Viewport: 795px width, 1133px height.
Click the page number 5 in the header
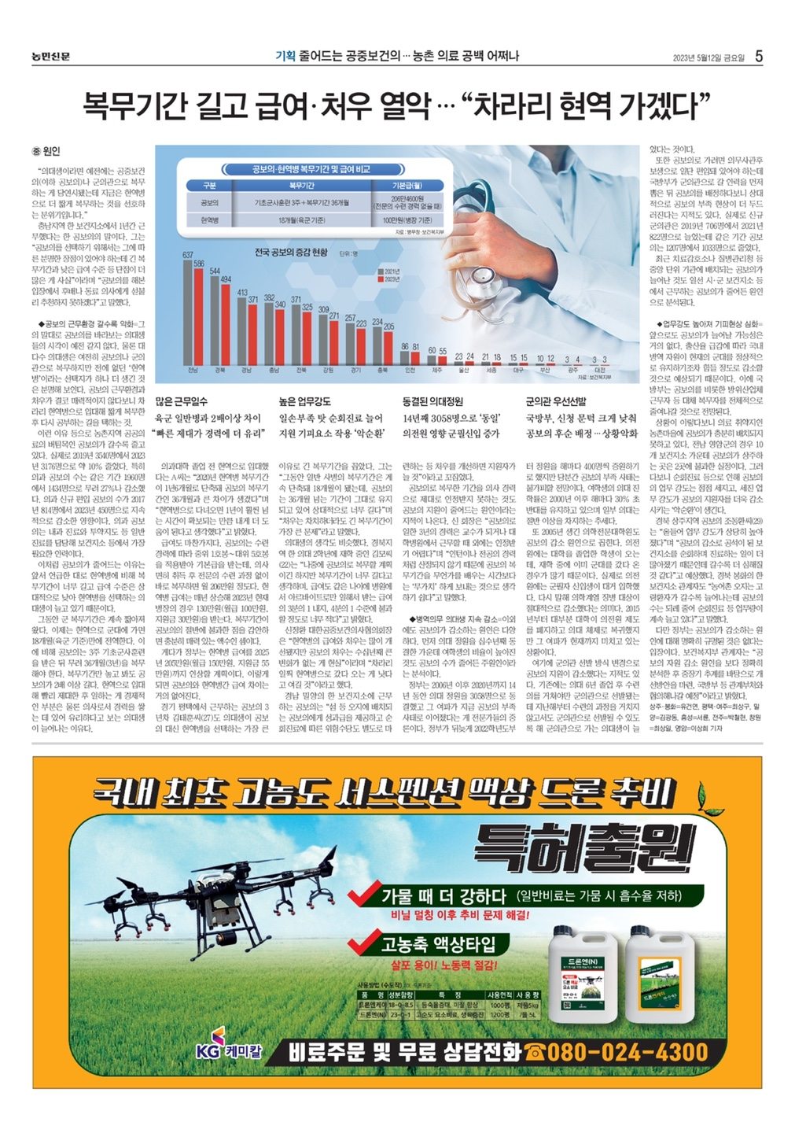pyautogui.click(x=759, y=56)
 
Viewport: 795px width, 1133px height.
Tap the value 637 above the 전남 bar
pyautogui.click(x=188, y=255)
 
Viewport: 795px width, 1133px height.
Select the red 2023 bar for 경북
pyautogui.click(x=226, y=320)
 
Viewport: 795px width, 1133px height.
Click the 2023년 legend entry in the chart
pyautogui.click(x=391, y=279)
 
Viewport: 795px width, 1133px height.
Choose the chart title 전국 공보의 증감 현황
pyautogui.click(x=290, y=253)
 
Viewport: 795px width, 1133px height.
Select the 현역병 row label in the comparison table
pyautogui.click(x=209, y=220)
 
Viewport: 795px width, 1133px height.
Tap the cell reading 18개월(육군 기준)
pyautogui.click(x=302, y=220)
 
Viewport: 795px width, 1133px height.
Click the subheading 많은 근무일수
pyautogui.click(x=182, y=401)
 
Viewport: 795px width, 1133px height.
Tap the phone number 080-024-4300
pyautogui.click(x=627, y=1052)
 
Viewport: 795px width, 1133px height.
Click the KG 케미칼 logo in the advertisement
pyautogui.click(x=228, y=1049)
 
